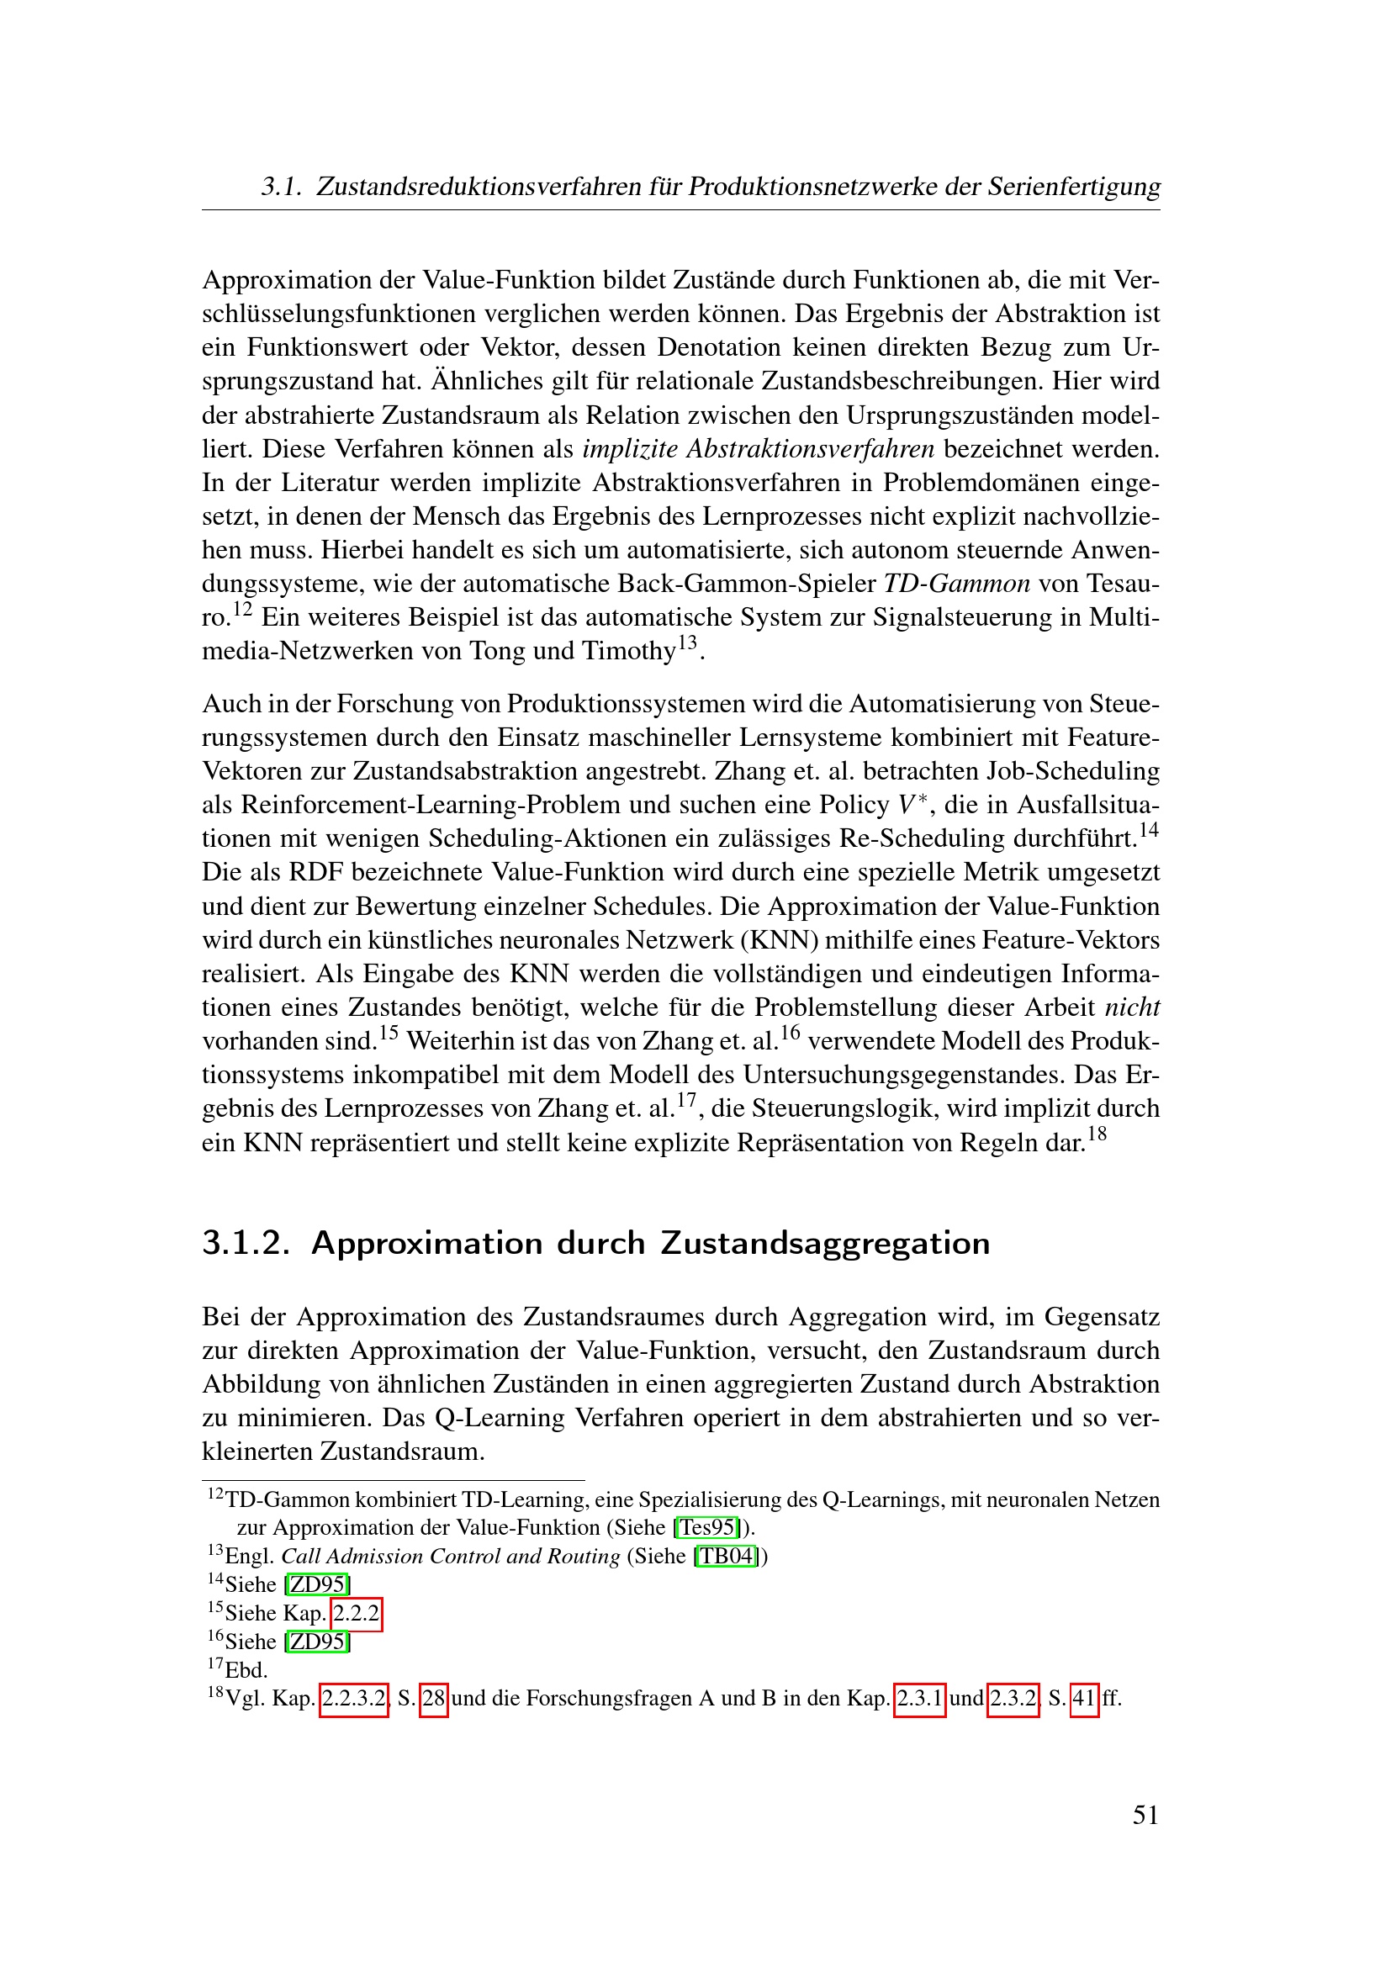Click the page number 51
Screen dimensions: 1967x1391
pos(1145,1815)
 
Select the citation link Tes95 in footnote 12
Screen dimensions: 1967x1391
pos(706,1526)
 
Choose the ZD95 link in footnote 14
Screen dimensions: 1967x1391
pos(318,1584)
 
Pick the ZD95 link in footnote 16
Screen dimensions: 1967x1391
pos(318,1642)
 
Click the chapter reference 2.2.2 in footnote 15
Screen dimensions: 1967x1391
pos(357,1613)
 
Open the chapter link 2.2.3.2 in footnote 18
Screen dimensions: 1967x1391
pos(354,1698)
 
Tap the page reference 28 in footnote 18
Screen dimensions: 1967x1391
pos(434,1698)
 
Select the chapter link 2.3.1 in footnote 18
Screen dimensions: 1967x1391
pos(920,1698)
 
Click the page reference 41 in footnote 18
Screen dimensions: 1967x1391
pos(1084,1698)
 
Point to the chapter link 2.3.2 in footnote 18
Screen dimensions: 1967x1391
pos(1013,1698)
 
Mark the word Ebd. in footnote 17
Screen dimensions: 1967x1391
pos(246,1670)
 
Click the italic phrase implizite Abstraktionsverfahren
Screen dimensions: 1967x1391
pos(758,449)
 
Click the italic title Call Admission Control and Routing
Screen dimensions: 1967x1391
pos(451,1556)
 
